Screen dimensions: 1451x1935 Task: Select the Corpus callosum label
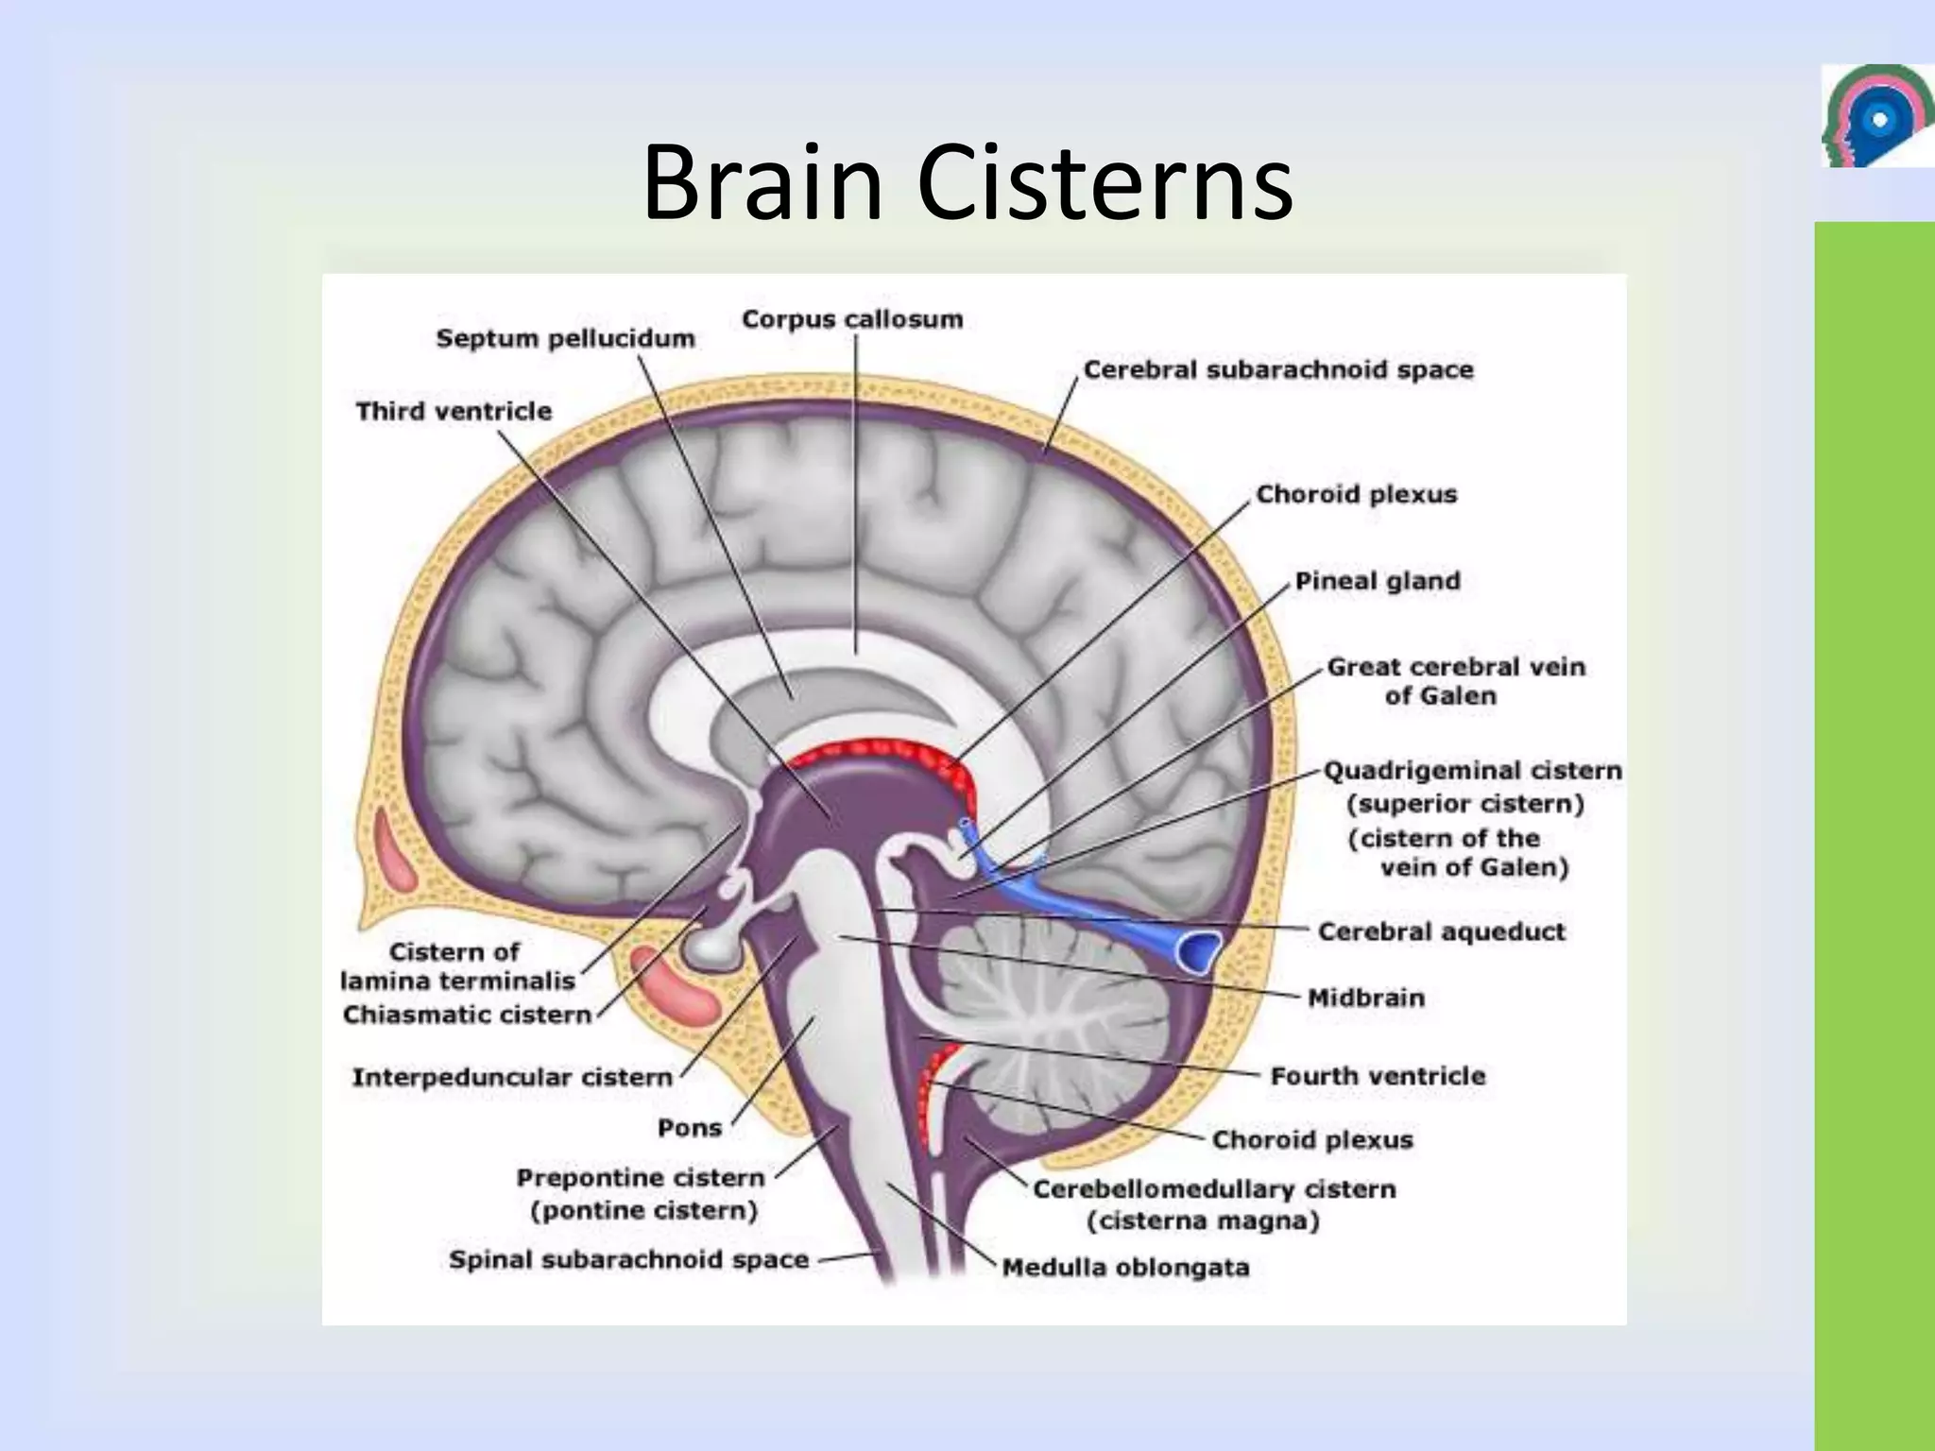tap(852, 319)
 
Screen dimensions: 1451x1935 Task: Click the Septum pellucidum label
tap(565, 338)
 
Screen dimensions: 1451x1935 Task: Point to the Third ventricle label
tap(454, 411)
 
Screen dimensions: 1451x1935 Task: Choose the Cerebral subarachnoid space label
tap(1277, 369)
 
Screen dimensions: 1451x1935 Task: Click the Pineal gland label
tap(1377, 581)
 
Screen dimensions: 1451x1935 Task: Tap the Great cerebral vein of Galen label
tap(1455, 681)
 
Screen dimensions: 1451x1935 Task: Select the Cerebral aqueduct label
tap(1441, 931)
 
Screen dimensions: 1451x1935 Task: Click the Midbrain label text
tap(1365, 998)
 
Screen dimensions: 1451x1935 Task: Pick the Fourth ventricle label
tap(1378, 1076)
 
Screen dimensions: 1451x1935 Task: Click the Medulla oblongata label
tap(1125, 1267)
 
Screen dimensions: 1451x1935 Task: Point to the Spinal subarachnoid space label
tap(628, 1259)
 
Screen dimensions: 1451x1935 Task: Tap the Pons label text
tap(690, 1128)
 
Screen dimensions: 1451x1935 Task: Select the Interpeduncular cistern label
tap(512, 1077)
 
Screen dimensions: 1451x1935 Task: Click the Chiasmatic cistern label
tap(467, 1015)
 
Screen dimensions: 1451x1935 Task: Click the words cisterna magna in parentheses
tap(1202, 1221)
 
